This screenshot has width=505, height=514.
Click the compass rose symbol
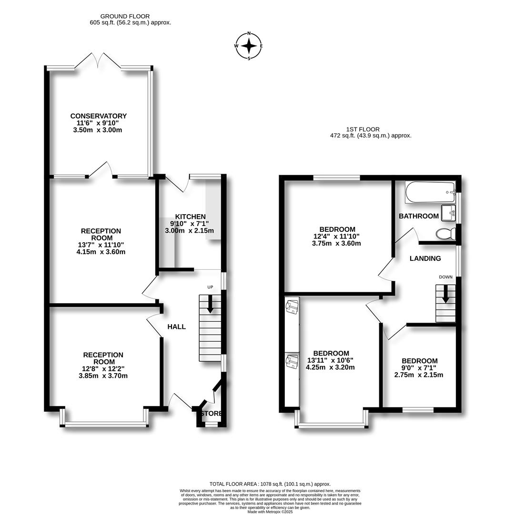[x=249, y=46]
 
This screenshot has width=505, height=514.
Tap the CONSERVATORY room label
[x=99, y=116]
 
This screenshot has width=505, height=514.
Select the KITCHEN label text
[x=190, y=217]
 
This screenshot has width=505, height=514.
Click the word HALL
[x=177, y=326]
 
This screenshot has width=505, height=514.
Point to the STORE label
[x=212, y=414]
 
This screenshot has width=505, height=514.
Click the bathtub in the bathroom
[x=430, y=192]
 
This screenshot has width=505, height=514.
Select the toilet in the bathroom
[x=445, y=234]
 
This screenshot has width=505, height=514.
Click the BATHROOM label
[x=419, y=216]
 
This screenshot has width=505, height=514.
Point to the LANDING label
[x=425, y=258]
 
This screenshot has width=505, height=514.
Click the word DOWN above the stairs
[x=445, y=277]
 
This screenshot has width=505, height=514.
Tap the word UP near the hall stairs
[x=210, y=287]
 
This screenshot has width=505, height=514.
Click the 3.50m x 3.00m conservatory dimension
[x=98, y=130]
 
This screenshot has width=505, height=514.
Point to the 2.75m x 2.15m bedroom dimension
[x=419, y=375]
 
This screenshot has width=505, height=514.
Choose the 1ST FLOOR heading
[x=363, y=129]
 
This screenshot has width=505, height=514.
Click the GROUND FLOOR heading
[x=125, y=16]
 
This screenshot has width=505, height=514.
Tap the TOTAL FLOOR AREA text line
[x=270, y=484]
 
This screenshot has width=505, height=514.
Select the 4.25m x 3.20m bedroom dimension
[x=330, y=367]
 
